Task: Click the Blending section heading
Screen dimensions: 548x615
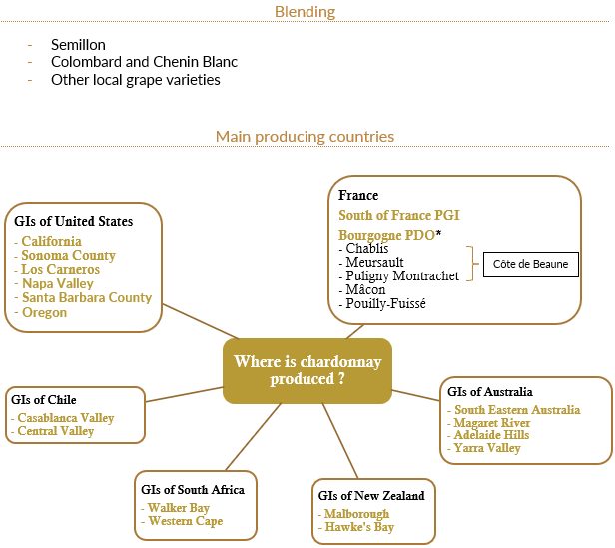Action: click(x=305, y=12)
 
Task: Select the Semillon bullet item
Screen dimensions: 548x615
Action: click(x=78, y=45)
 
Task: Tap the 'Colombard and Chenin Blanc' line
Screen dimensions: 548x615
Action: click(x=144, y=62)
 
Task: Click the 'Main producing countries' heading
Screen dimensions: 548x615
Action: click(x=305, y=136)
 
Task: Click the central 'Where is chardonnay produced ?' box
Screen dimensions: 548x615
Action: click(x=307, y=370)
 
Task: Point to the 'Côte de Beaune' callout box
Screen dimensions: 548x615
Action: click(x=531, y=265)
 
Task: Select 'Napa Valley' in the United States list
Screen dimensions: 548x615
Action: click(x=58, y=283)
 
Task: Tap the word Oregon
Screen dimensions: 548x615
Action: click(x=44, y=312)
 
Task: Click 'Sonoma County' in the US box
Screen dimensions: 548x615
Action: click(x=68, y=255)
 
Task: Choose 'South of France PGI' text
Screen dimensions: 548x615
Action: click(x=399, y=215)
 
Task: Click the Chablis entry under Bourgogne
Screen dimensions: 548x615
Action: click(x=366, y=248)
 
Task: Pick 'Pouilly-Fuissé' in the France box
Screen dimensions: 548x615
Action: click(x=385, y=303)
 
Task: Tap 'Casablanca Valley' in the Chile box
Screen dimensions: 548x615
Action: click(x=66, y=418)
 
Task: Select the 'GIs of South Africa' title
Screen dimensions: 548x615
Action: click(x=193, y=490)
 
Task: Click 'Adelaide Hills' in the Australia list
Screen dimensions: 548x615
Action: click(x=492, y=436)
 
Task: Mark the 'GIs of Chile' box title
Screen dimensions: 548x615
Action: click(x=43, y=400)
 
